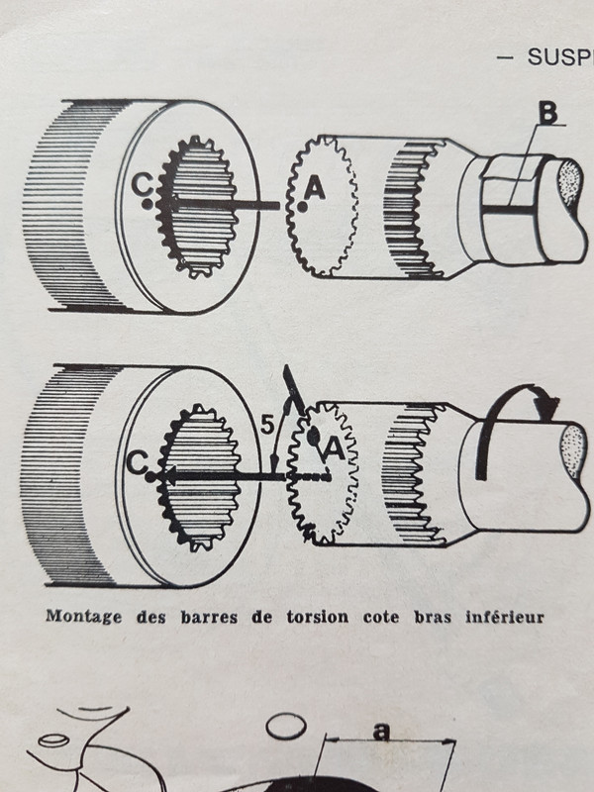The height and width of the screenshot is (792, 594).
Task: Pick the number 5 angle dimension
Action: (264, 428)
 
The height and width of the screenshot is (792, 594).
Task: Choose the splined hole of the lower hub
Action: (199, 475)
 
